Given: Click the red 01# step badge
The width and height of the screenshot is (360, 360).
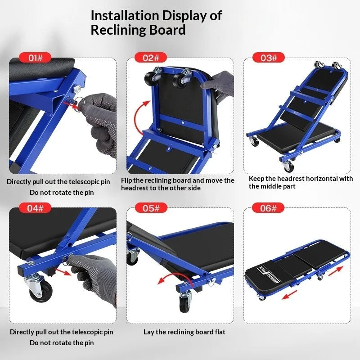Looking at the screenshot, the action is pyautogui.click(x=35, y=58).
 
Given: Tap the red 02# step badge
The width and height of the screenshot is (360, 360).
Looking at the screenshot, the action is pyautogui.click(x=151, y=58).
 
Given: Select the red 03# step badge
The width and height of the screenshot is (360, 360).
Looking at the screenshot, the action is pyautogui.click(x=268, y=58).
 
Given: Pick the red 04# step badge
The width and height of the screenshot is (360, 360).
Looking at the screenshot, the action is pyautogui.click(x=35, y=208).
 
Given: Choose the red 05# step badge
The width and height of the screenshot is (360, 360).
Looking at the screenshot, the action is pyautogui.click(x=151, y=208).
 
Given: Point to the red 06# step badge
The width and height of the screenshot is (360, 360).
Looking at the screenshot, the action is pyautogui.click(x=268, y=208).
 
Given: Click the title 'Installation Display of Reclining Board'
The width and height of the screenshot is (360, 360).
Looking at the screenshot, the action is pyautogui.click(x=156, y=22).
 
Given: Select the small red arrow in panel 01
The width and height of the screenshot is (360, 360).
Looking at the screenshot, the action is pyautogui.click(x=71, y=105).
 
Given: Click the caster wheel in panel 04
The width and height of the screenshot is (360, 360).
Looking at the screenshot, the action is pyautogui.click(x=39, y=288).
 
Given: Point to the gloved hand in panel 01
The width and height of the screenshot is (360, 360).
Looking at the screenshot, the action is pyautogui.click(x=100, y=121).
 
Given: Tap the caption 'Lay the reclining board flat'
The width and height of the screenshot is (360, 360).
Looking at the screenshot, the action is pyautogui.click(x=184, y=332).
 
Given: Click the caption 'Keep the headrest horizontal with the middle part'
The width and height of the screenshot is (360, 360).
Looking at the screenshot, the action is pyautogui.click(x=301, y=182).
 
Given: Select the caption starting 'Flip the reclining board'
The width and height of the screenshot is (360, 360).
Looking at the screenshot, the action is pyautogui.click(x=178, y=184).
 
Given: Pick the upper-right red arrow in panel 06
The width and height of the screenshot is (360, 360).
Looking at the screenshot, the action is pyautogui.click(x=336, y=271).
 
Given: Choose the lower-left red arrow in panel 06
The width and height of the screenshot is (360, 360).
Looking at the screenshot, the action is pyautogui.click(x=289, y=295).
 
